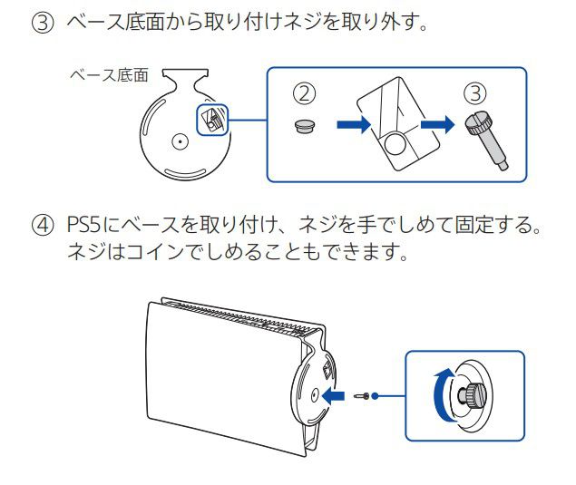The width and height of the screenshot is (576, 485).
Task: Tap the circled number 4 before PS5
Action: click(42, 224)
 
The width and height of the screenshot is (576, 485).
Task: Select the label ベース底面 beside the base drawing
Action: click(108, 75)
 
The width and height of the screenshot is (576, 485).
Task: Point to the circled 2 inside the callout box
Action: click(305, 93)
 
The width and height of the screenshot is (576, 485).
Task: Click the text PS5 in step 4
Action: click(87, 224)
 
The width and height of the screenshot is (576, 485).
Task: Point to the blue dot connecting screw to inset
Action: click(375, 395)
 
